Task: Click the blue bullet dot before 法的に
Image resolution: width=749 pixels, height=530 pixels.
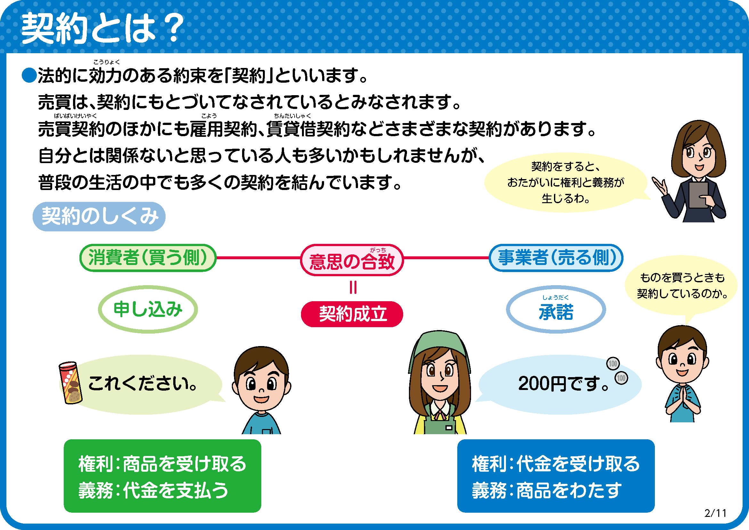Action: [x=29, y=75]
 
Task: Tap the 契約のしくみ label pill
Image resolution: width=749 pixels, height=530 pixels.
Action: [x=99, y=216]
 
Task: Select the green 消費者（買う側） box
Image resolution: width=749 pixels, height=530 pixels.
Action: [x=148, y=258]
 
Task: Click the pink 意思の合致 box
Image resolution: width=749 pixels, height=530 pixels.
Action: [x=352, y=260]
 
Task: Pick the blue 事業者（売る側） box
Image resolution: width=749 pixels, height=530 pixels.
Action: [x=556, y=258]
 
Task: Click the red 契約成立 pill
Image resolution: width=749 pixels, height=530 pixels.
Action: [x=352, y=314]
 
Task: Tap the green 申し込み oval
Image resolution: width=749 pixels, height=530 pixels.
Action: [x=148, y=310]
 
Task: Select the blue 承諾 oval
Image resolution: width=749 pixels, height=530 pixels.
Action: [x=556, y=310]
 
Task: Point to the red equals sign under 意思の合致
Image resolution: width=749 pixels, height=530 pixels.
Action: [x=353, y=287]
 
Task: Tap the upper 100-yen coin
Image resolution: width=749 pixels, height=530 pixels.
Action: [x=613, y=363]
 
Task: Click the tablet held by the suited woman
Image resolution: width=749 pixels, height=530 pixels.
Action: [x=698, y=195]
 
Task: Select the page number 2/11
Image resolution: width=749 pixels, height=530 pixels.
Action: [x=715, y=513]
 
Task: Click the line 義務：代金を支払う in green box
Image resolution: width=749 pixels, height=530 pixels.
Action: [x=153, y=490]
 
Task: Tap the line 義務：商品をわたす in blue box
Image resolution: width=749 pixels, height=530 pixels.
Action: [x=547, y=490]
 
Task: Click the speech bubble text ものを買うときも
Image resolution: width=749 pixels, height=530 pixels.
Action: [x=682, y=277]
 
